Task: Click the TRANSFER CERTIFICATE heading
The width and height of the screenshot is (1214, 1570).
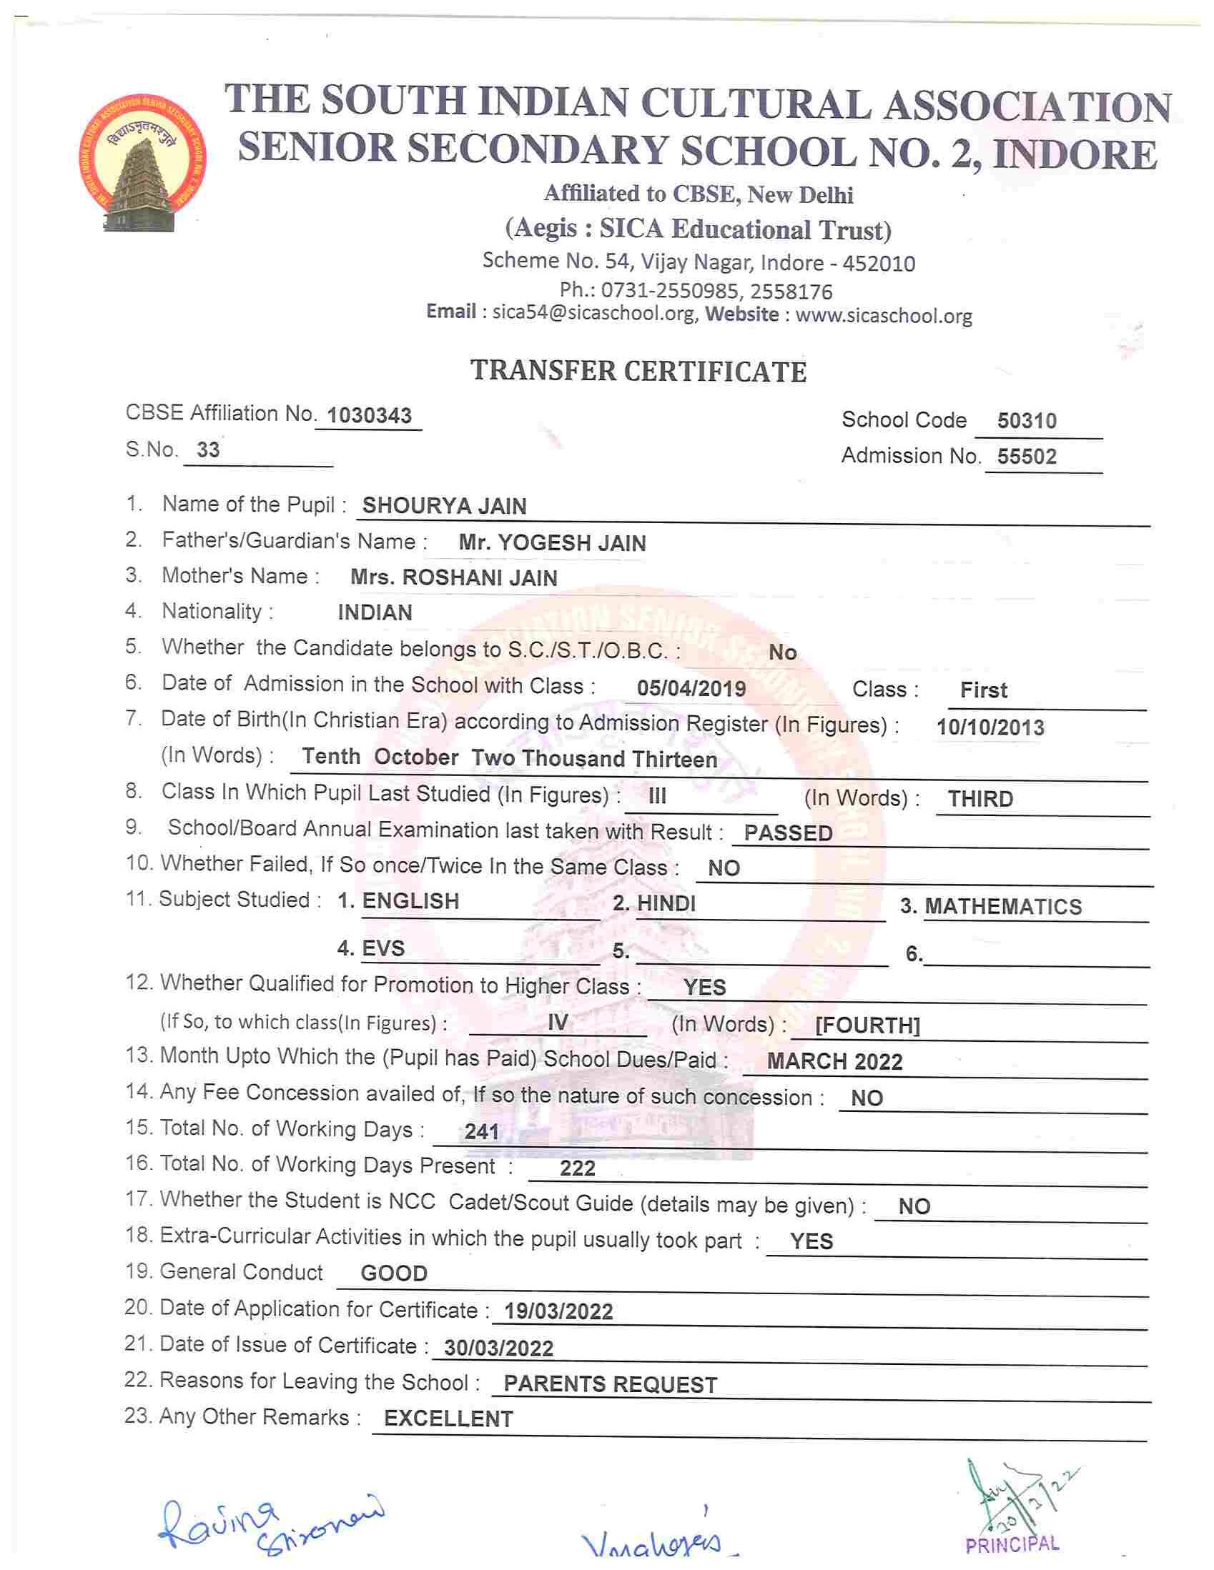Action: pyautogui.click(x=638, y=372)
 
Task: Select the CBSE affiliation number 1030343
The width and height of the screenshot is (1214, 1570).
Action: pyautogui.click(x=369, y=415)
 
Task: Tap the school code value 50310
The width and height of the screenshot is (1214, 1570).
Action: pyautogui.click(x=1026, y=420)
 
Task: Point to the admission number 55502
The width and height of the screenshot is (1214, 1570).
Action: pyautogui.click(x=1026, y=457)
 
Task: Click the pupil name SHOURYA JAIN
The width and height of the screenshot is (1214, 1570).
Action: pyautogui.click(x=444, y=506)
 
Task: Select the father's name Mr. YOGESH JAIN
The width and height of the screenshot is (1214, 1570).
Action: pyautogui.click(x=552, y=542)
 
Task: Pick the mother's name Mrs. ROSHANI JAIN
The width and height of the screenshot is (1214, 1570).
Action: pyautogui.click(x=453, y=578)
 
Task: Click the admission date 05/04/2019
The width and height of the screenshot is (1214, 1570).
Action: pyautogui.click(x=691, y=689)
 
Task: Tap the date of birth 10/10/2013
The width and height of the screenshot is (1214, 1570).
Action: pyautogui.click(x=990, y=727)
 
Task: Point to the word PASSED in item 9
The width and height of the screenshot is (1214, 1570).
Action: pyautogui.click(x=788, y=833)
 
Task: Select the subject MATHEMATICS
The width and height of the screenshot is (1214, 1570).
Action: pyautogui.click(x=1002, y=907)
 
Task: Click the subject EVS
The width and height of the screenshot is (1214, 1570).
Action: pyautogui.click(x=383, y=948)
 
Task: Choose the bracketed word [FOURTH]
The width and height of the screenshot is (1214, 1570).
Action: pyautogui.click(x=867, y=1025)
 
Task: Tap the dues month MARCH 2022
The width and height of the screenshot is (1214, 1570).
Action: pyautogui.click(x=834, y=1062)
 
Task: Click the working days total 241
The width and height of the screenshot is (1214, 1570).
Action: pyautogui.click(x=481, y=1132)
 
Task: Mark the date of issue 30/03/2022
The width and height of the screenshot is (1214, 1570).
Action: pyautogui.click(x=498, y=1348)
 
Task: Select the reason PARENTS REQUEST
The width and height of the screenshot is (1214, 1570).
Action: pyautogui.click(x=610, y=1384)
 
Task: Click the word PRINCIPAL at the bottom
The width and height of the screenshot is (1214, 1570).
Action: pyautogui.click(x=1012, y=1544)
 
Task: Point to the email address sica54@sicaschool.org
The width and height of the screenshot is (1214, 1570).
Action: pyautogui.click(x=593, y=314)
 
